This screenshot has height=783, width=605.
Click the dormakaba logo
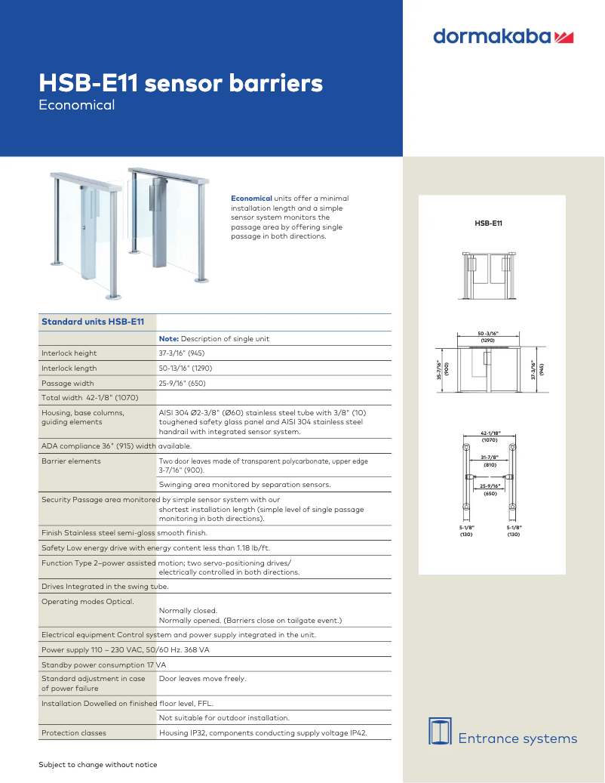click(503, 36)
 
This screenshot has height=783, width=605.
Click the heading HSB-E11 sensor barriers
click(181, 83)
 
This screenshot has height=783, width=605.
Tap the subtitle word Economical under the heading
click(77, 105)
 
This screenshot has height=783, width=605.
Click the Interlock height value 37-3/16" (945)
click(181, 353)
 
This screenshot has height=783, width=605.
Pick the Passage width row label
click(68, 384)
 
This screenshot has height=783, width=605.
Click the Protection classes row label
click(74, 732)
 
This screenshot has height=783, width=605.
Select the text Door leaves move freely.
click(202, 679)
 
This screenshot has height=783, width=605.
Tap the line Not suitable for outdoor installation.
click(224, 717)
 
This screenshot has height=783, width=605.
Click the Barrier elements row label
click(71, 461)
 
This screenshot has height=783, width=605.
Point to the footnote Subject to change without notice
click(98, 765)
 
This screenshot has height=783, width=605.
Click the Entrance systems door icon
click(440, 730)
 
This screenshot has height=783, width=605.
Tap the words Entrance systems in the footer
click(517, 738)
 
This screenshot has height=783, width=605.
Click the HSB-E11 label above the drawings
click(489, 223)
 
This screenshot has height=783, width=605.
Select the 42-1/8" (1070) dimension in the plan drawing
click(489, 436)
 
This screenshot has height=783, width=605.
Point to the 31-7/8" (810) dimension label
click(489, 462)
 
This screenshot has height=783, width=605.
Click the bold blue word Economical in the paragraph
click(251, 199)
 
